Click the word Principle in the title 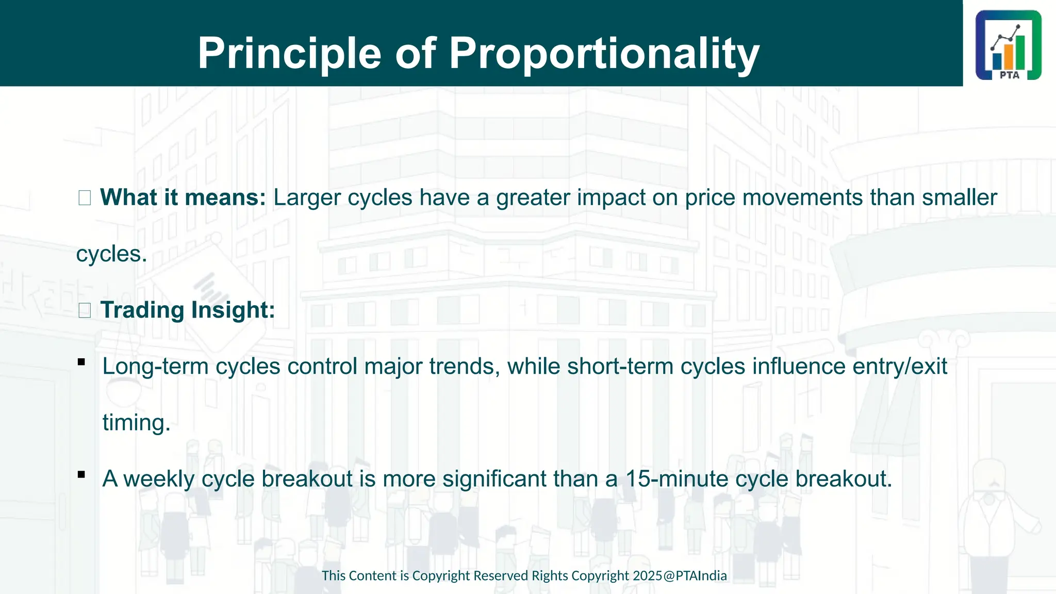[289, 54]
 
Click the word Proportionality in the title [604, 54]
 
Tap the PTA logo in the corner [1008, 45]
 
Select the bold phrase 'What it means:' [183, 197]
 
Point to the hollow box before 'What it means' [85, 198]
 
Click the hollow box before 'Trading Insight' [85, 310]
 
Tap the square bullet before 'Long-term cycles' [81, 362]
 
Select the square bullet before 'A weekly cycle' [81, 474]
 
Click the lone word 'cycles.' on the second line [111, 254]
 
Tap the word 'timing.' [136, 423]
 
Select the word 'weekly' [159, 479]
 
